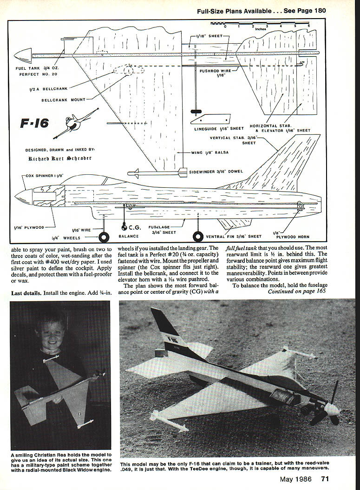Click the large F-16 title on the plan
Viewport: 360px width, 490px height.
point(34,124)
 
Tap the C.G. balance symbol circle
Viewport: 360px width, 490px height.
point(124,227)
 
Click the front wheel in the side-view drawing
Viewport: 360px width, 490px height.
point(105,238)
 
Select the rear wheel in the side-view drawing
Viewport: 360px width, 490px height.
point(198,237)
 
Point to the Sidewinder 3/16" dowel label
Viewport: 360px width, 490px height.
point(216,172)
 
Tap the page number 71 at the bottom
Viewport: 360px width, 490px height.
point(325,479)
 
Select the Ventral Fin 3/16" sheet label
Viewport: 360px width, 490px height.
point(234,237)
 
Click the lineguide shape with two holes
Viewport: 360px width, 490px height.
point(210,119)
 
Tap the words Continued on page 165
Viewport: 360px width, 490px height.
point(296,291)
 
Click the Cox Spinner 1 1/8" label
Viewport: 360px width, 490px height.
point(45,176)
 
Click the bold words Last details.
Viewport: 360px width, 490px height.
point(26,293)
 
